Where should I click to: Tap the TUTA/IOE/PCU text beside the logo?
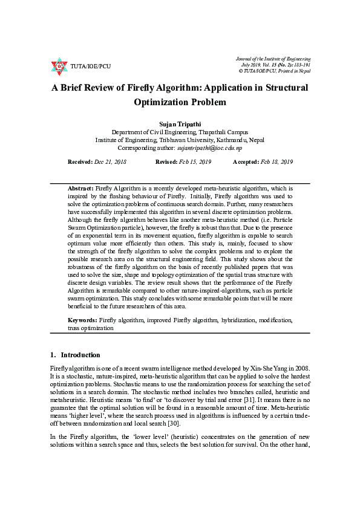91,66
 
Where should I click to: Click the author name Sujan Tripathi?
180,124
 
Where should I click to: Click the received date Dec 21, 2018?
110,162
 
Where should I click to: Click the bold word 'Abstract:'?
81,189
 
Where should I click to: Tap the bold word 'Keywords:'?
82,319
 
